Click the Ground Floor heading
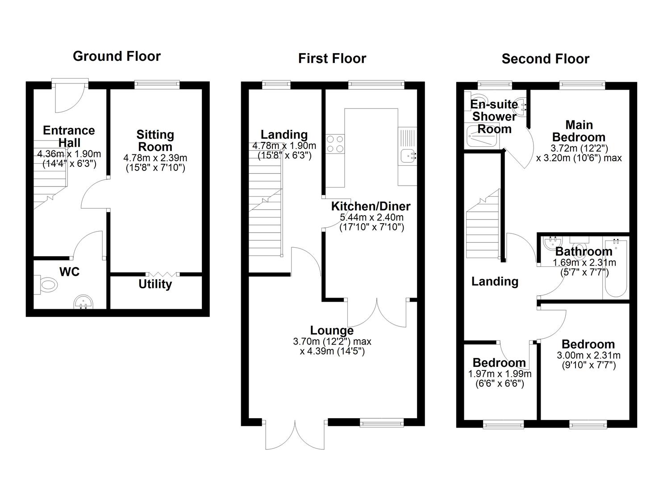pyautogui.click(x=117, y=56)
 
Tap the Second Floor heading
pyautogui.click(x=545, y=59)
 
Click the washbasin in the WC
pyautogui.click(x=83, y=302)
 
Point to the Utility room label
pyautogui.click(x=155, y=284)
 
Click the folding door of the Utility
pyautogui.click(x=163, y=274)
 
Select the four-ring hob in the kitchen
pyautogui.click(x=335, y=144)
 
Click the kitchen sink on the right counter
pyautogui.click(x=408, y=156)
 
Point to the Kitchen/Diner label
pyautogui.click(x=371, y=206)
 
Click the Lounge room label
pyautogui.click(x=332, y=331)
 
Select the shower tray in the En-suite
pyautogui.click(x=482, y=136)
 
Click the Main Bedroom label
pyautogui.click(x=579, y=131)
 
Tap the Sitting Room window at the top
pyautogui.click(x=157, y=83)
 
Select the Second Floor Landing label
pyautogui.click(x=495, y=282)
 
